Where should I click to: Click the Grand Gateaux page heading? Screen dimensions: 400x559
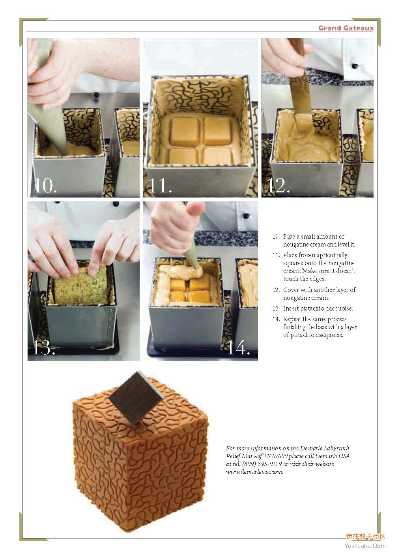(x=346, y=28)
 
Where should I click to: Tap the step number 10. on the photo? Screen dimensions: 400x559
(x=45, y=186)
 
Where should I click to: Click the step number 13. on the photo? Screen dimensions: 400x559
(x=43, y=348)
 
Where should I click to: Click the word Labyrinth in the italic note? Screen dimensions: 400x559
(x=336, y=448)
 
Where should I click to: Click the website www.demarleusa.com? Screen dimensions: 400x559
(x=254, y=472)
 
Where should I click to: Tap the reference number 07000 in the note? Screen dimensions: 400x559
(x=280, y=456)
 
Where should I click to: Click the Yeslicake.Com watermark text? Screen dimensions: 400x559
(x=365, y=546)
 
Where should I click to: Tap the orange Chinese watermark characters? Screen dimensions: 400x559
(x=365, y=537)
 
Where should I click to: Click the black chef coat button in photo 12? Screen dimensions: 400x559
(x=354, y=66)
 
